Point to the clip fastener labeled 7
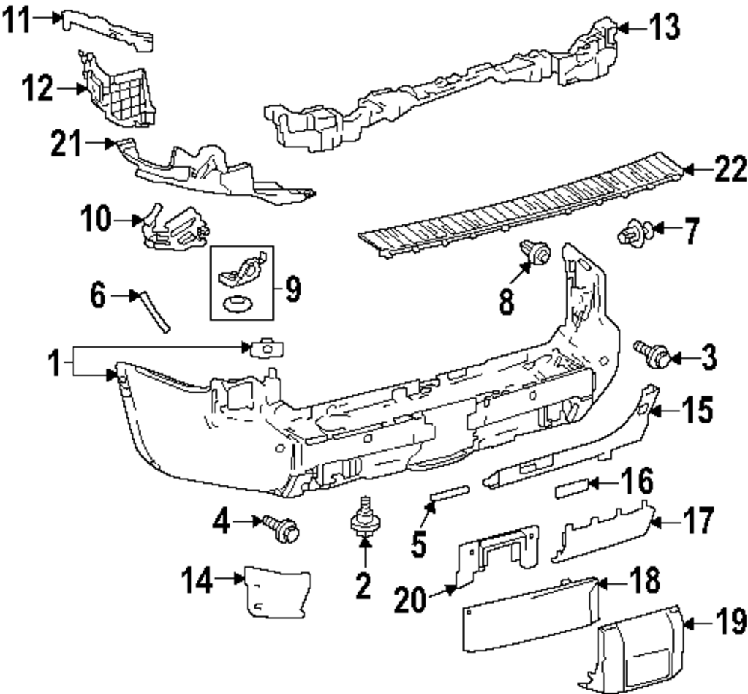coord(631,235)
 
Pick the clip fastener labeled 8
coord(536,254)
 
